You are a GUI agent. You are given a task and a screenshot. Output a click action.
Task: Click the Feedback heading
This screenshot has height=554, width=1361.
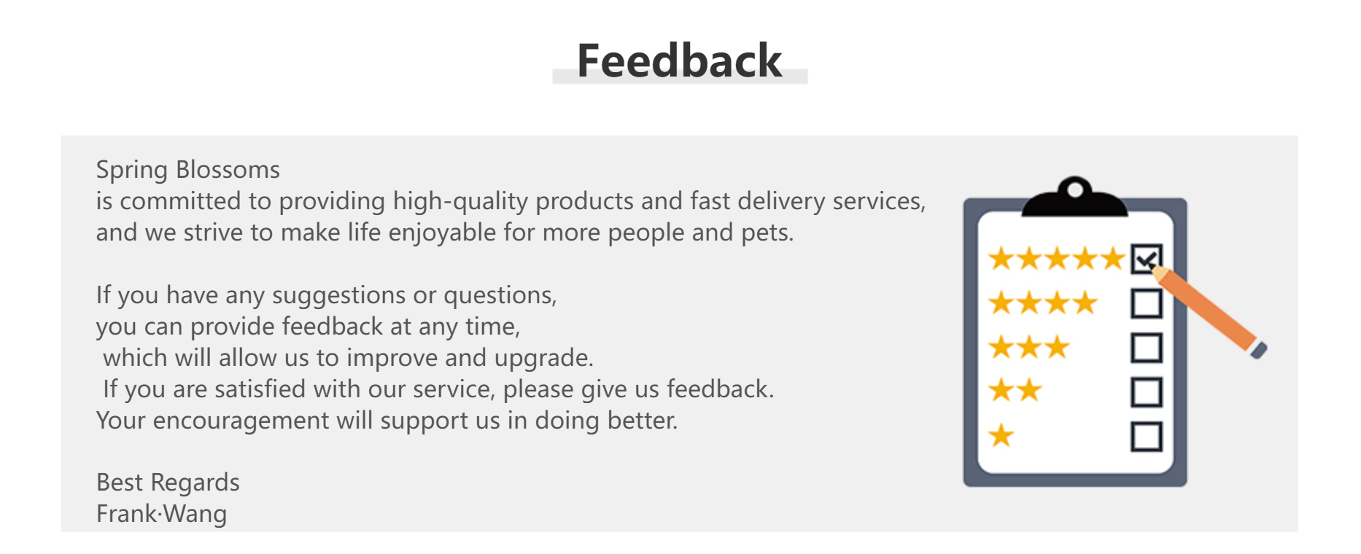pyautogui.click(x=679, y=61)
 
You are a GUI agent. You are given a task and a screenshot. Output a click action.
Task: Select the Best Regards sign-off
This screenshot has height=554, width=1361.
pyautogui.click(x=168, y=483)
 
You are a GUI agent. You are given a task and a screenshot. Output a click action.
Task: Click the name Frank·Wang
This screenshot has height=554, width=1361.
pyautogui.click(x=161, y=514)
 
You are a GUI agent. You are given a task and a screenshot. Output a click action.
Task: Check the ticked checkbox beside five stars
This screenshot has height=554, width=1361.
pyautogui.click(x=1146, y=259)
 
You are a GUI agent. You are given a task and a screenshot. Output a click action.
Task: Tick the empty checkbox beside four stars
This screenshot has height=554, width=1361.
pyautogui.click(x=1146, y=303)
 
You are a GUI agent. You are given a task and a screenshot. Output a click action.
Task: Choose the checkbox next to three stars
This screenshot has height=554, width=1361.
pyautogui.click(x=1146, y=348)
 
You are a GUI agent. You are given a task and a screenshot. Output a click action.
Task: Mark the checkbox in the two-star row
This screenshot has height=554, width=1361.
pyautogui.click(x=1146, y=392)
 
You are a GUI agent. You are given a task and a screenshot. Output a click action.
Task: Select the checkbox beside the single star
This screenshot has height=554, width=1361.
pyautogui.click(x=1146, y=437)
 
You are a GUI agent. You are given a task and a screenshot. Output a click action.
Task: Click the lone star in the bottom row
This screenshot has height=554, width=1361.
pyautogui.click(x=1001, y=436)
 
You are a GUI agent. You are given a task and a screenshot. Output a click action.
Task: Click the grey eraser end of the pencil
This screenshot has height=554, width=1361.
pyautogui.click(x=1259, y=350)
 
